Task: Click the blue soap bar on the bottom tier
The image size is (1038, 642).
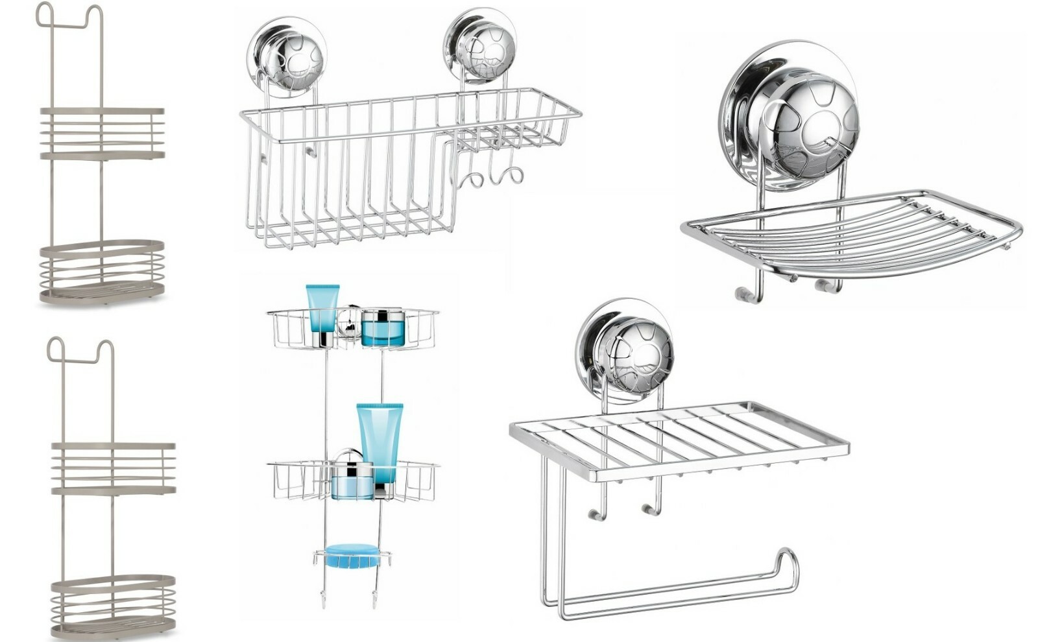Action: pos(352,556)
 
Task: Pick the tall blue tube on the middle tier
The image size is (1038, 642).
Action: pos(380,442)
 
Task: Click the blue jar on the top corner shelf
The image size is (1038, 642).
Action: pos(383,327)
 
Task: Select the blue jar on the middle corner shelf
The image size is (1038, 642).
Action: pos(352,481)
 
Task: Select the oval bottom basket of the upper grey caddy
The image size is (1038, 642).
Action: pos(102,272)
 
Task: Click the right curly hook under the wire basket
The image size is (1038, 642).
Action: pos(506,176)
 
